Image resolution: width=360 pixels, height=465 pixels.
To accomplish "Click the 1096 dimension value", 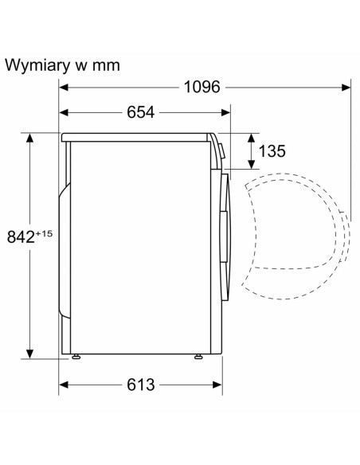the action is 202,87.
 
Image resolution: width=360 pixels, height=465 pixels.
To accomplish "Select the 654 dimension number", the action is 140,112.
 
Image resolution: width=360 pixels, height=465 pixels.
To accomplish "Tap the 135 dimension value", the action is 272,150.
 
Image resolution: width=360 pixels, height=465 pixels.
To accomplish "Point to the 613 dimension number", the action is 140,385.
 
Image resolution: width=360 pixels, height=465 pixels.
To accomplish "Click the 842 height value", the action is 21,236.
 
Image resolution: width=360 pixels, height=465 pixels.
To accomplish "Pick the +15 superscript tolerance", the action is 44,233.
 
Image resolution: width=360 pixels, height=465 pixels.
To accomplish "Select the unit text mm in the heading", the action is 106,66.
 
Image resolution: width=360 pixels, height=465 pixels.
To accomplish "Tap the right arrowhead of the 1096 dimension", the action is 346,88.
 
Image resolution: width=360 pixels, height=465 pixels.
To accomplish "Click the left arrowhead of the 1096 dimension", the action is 64,88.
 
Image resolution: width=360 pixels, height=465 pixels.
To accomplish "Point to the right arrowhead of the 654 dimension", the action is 225,112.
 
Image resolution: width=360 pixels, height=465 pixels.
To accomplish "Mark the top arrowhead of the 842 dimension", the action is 29,139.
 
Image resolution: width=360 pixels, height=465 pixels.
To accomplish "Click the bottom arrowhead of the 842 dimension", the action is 29,354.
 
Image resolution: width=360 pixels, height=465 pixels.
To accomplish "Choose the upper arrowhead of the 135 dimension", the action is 252,139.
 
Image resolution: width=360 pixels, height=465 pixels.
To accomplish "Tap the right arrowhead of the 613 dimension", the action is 217,385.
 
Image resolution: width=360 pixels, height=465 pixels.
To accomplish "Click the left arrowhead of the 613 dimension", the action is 64,385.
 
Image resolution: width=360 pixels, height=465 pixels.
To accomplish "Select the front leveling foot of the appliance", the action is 198,357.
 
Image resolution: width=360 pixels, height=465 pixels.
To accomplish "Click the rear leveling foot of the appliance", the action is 76,357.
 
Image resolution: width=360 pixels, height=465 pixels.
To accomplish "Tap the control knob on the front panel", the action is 221,150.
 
